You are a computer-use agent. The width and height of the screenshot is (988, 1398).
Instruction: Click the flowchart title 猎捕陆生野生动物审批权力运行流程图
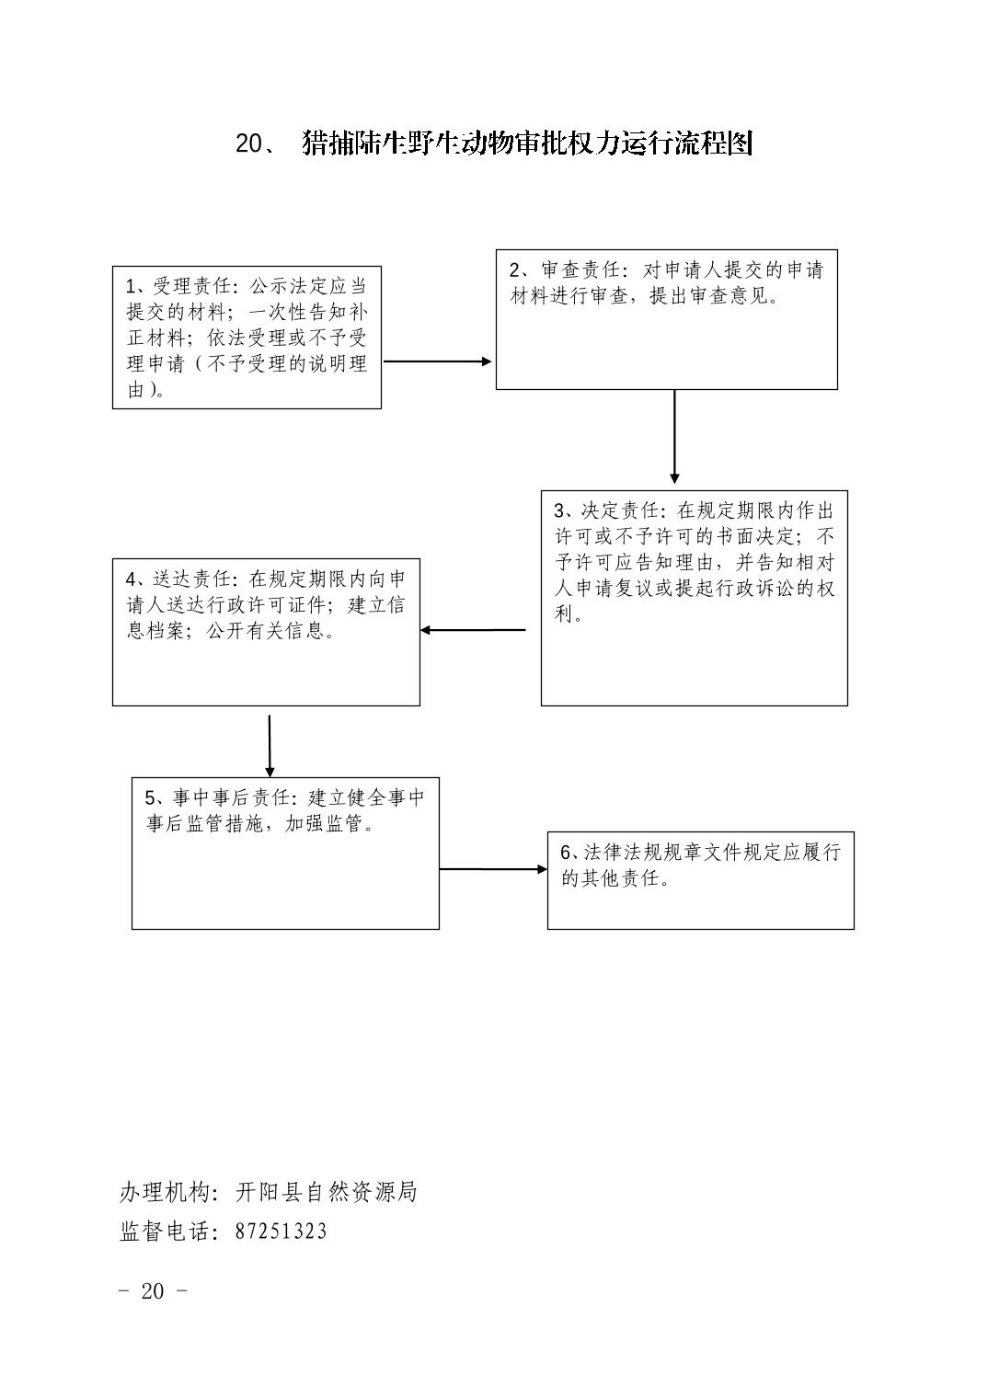point(527,143)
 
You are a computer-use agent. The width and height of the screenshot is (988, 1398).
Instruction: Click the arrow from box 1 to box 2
point(438,361)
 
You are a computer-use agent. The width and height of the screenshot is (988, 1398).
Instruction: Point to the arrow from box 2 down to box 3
point(674,437)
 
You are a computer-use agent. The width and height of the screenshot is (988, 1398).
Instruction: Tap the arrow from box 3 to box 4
point(473,630)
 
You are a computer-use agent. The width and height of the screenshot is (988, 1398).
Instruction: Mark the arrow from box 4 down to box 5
point(270,746)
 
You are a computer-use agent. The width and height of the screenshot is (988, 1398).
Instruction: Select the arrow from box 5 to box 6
point(493,869)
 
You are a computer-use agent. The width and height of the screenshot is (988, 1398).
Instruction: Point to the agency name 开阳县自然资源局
point(326,1193)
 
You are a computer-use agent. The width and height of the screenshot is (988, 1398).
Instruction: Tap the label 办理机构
point(164,1193)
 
